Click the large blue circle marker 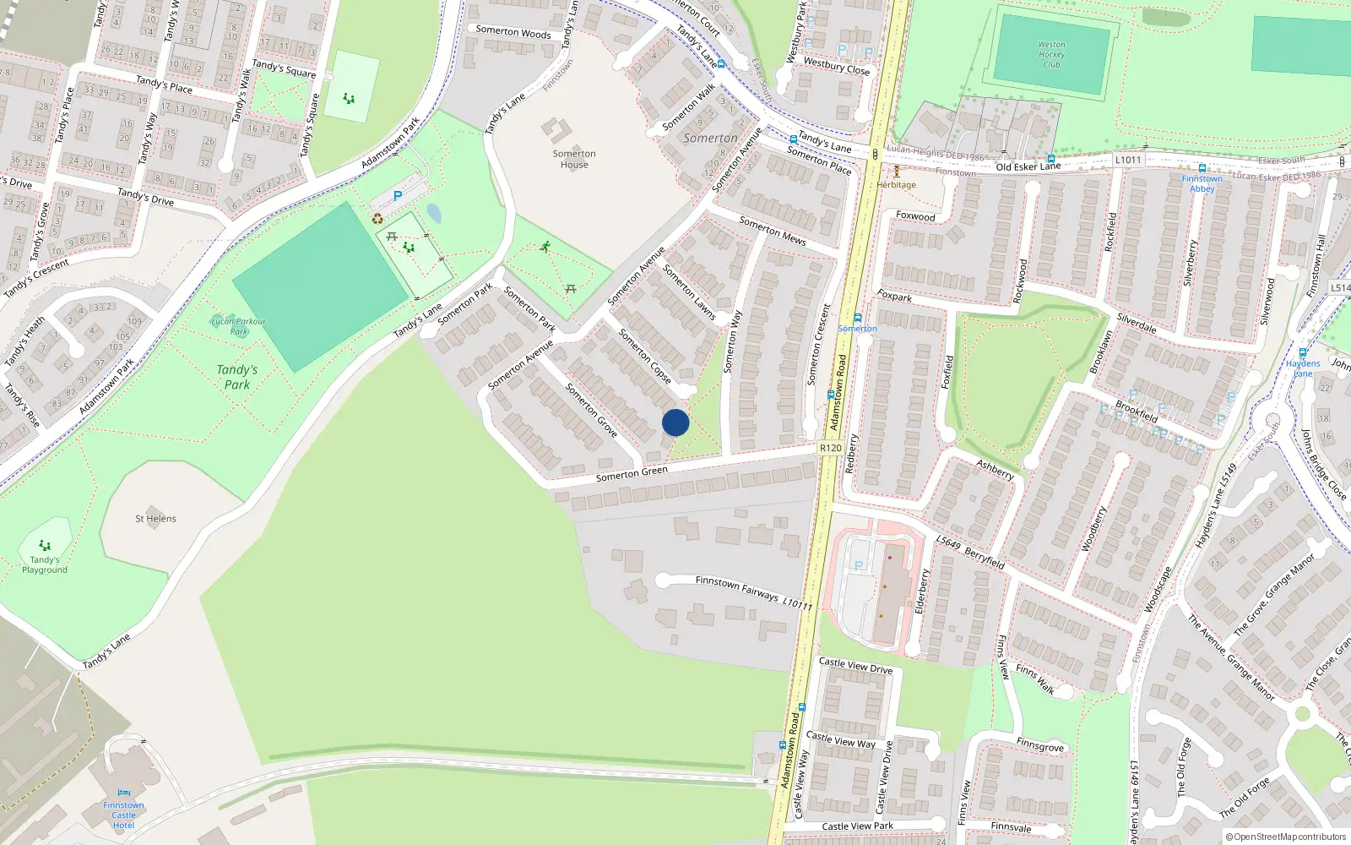pos(675,422)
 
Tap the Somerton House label pos(574,159)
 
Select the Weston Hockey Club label pos(1051,55)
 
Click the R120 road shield pos(830,448)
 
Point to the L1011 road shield pos(1128,160)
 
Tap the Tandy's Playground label pos(45,564)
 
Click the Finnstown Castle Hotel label pos(123,815)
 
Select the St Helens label pos(155,519)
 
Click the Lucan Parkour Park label pos(238,325)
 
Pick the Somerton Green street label pos(632,473)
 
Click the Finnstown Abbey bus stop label pos(1202,183)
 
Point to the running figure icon pos(545,247)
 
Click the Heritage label pos(896,184)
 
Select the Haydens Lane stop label pos(1303,368)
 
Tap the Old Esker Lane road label pos(1028,166)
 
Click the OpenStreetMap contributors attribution pos(1286,837)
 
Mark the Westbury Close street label pos(836,66)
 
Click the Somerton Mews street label pos(773,231)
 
